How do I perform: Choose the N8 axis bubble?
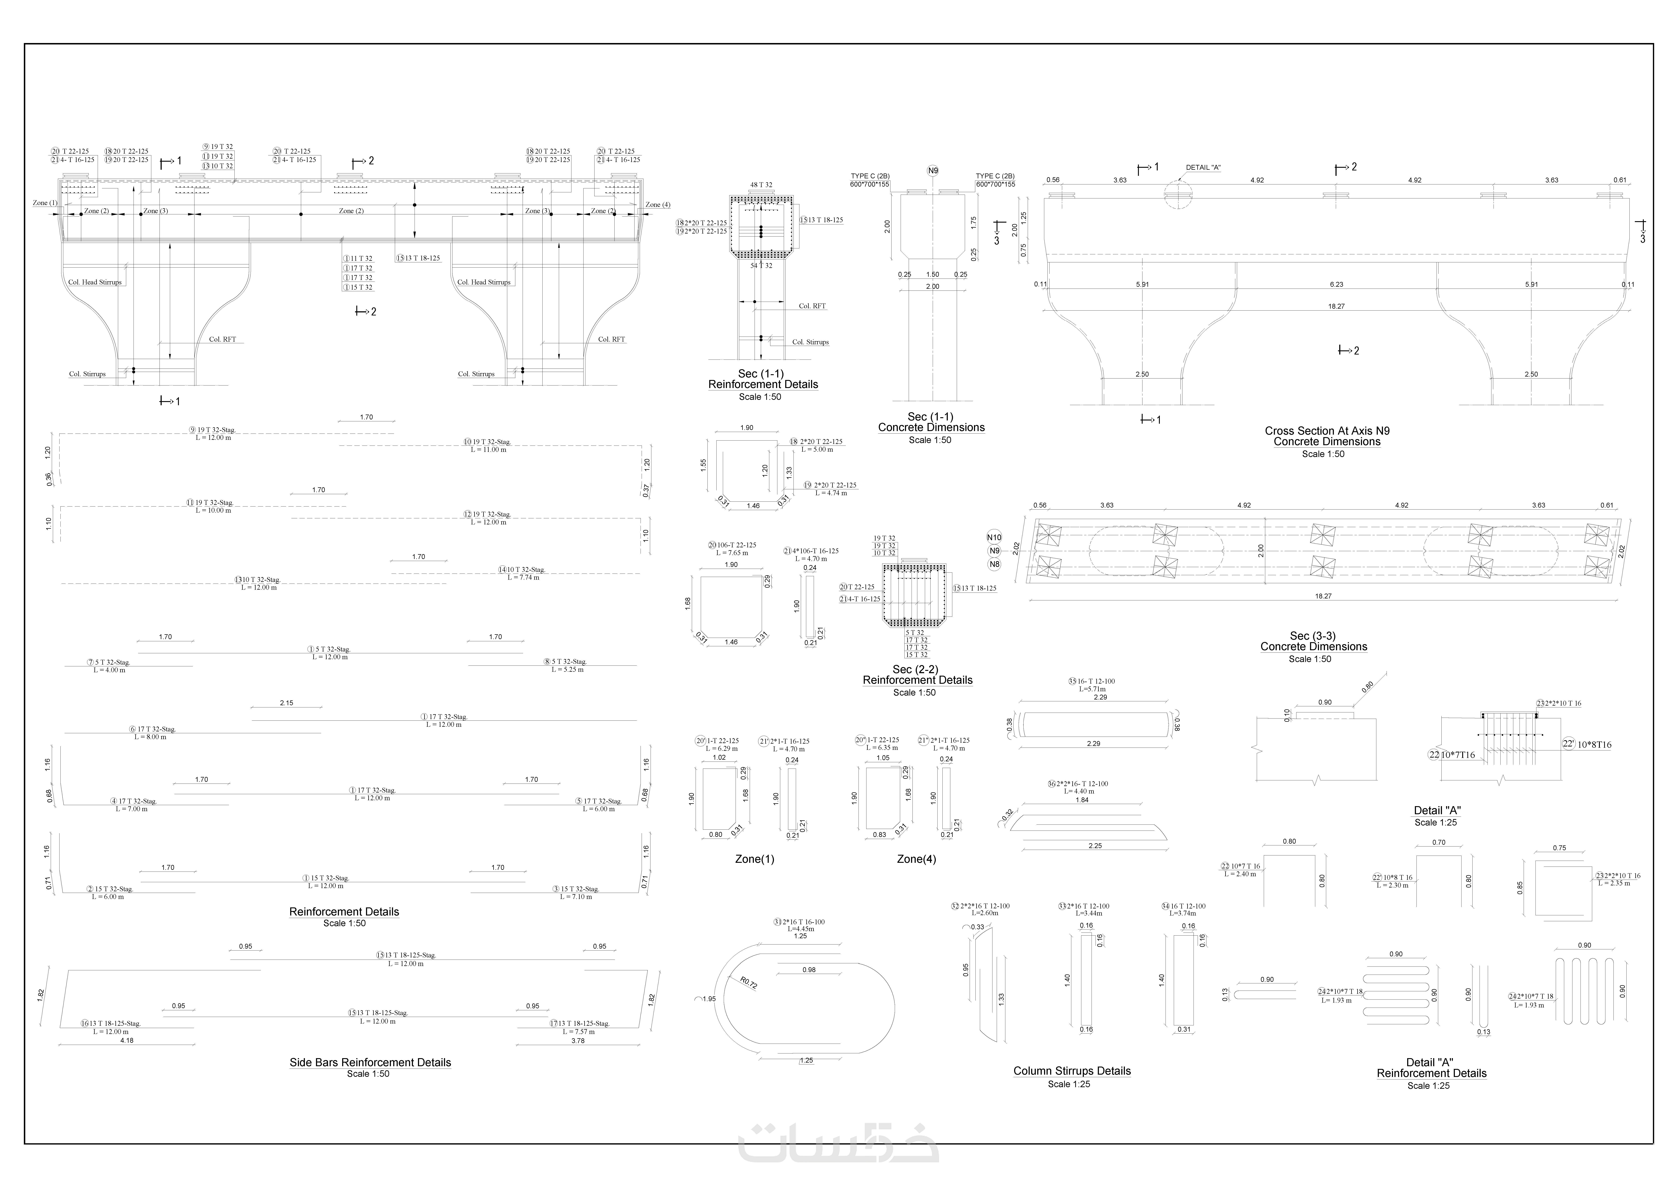(x=994, y=564)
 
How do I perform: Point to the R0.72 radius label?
(x=748, y=983)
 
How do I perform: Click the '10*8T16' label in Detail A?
(x=1594, y=745)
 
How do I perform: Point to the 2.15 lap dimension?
(x=286, y=703)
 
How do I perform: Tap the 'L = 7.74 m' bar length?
(x=523, y=577)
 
